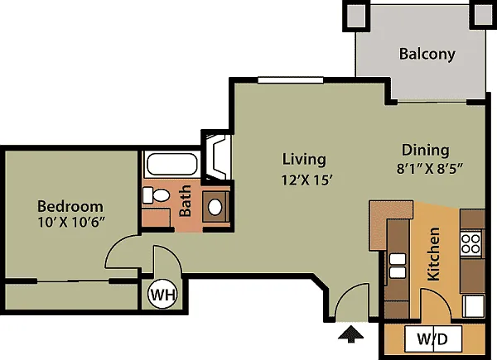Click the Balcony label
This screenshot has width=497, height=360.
pos(427,54)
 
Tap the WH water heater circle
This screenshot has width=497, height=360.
pos(162,295)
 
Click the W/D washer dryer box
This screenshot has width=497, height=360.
pos(433,338)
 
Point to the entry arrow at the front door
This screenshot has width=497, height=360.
pos(350,334)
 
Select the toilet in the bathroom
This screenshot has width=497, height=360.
pos(156,195)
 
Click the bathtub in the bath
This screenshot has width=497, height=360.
pos(171,165)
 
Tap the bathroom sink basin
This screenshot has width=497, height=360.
pos(215,207)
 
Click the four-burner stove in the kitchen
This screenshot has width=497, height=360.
pos(470,244)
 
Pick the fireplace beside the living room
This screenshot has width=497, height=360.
pos(217,157)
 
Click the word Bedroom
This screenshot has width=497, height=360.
pos(70,206)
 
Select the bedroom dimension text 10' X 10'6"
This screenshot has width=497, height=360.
pos(71,223)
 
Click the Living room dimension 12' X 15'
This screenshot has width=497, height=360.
pos(306,180)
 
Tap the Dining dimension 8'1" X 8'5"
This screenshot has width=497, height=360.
pos(430,168)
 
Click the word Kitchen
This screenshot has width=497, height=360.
pos(433,254)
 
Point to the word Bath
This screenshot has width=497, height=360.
pos(186,200)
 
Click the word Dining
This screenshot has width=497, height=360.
pos(426,151)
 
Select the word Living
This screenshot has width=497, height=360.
pos(304,159)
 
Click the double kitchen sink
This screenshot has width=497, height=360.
pos(398,266)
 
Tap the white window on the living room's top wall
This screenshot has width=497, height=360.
pos(291,80)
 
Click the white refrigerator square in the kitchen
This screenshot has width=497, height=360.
pos(473,306)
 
